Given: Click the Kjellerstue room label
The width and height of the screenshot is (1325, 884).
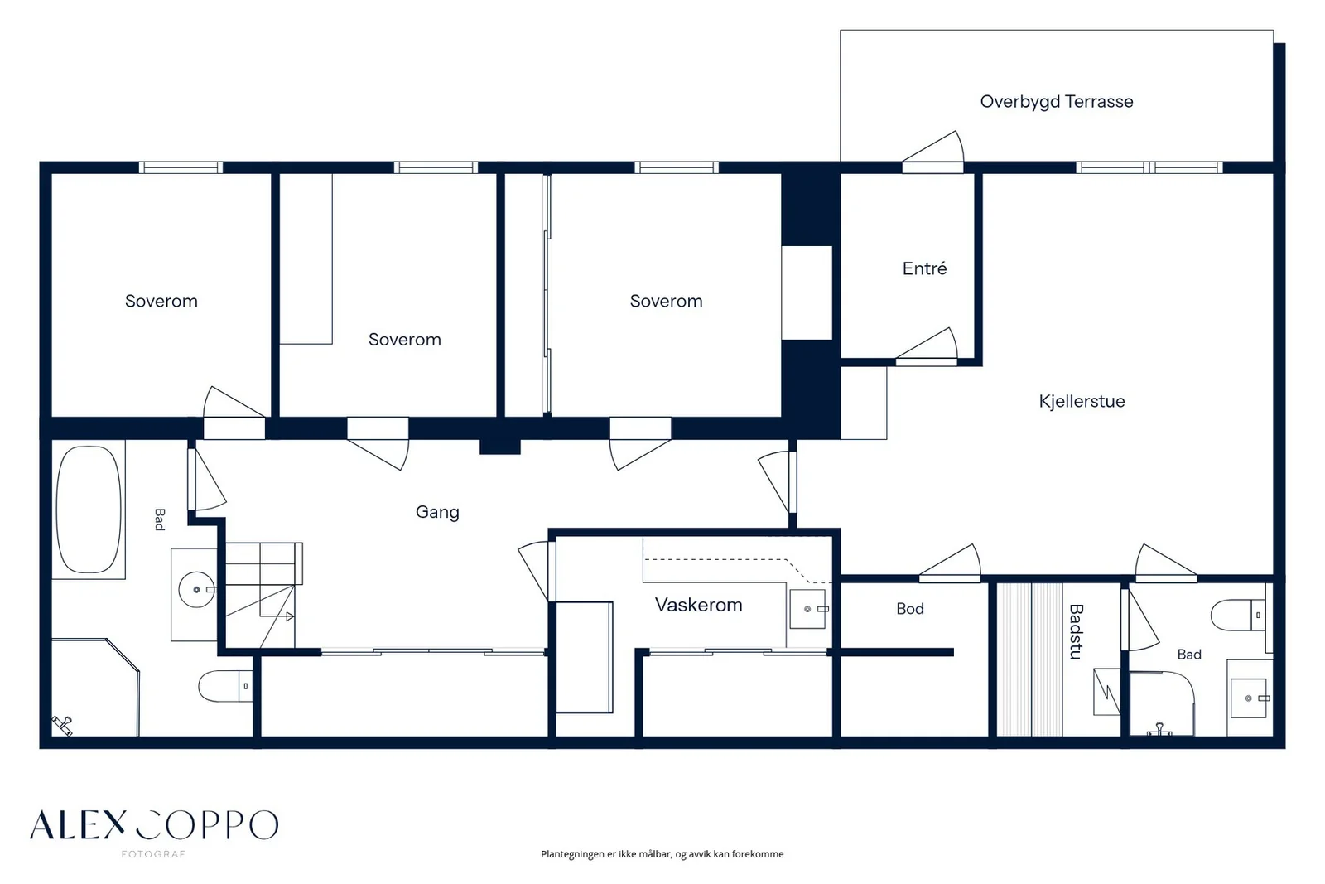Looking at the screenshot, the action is [x=1082, y=402].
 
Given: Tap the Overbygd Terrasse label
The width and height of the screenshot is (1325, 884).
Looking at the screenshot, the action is [x=1057, y=102].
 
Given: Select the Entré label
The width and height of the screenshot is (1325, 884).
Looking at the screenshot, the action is [x=924, y=268].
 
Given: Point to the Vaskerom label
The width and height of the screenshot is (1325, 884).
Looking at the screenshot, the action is [x=699, y=605].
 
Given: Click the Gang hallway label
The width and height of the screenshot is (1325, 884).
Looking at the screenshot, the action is [x=437, y=512].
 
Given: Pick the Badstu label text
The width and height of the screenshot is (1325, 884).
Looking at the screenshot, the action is [x=1076, y=631].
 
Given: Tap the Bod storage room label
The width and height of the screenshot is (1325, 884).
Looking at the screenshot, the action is [x=910, y=609].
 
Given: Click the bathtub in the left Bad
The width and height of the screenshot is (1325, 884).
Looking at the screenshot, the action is [x=89, y=510].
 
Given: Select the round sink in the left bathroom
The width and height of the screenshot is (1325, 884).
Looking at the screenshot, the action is [x=197, y=589].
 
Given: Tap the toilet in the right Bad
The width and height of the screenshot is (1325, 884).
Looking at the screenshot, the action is [x=1239, y=616].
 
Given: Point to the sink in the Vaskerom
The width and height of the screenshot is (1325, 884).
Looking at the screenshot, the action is [x=808, y=609].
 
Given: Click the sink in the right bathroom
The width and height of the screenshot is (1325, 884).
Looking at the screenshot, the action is [x=1249, y=698].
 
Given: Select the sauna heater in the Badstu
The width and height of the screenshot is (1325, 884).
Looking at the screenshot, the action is [x=1106, y=692].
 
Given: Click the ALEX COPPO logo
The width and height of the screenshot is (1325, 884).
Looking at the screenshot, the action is [x=154, y=825].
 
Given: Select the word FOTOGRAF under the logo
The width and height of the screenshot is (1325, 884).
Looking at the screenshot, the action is [x=154, y=854].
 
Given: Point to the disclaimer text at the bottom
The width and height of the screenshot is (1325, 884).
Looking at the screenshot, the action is [x=662, y=854].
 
